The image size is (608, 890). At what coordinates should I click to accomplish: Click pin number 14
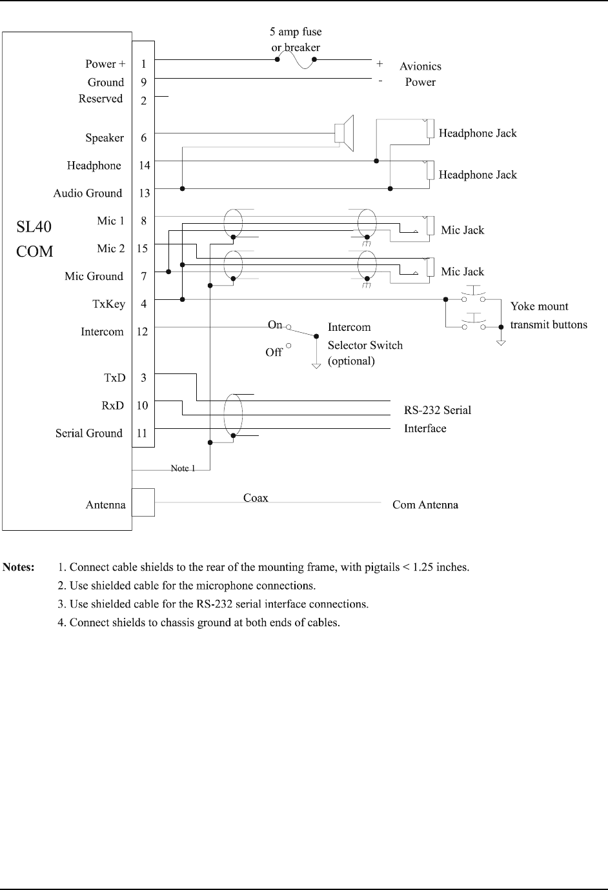click(x=144, y=165)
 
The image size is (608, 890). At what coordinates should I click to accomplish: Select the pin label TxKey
click(x=109, y=304)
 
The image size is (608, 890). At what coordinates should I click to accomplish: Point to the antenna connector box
click(x=143, y=502)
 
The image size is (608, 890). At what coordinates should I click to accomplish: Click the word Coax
click(x=256, y=498)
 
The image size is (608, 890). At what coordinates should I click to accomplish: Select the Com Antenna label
click(x=425, y=504)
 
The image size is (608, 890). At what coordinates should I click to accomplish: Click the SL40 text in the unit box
click(x=34, y=226)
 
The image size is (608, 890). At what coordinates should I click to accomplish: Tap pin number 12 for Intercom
click(x=143, y=331)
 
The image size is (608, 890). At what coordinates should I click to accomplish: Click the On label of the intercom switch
click(x=275, y=324)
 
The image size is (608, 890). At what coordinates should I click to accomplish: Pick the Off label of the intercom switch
click(x=274, y=352)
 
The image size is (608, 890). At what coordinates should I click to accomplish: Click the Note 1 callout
click(x=183, y=468)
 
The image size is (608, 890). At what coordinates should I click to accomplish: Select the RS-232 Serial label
click(x=438, y=410)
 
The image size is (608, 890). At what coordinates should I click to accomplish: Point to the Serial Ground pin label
click(x=88, y=433)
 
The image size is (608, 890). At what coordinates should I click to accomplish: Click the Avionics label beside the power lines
click(x=420, y=66)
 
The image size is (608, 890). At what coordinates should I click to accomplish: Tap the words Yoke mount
click(x=539, y=306)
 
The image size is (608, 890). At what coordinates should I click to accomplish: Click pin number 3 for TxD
click(x=143, y=378)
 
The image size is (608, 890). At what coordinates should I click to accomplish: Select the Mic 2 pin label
click(x=111, y=248)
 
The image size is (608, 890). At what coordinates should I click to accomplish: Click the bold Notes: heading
click(x=19, y=568)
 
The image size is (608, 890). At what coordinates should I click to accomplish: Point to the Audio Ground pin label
click(x=87, y=193)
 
